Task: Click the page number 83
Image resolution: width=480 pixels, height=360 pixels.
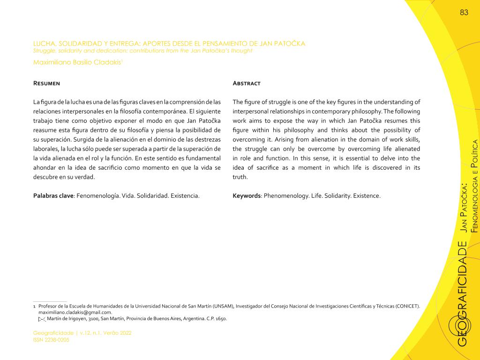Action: pos(464,13)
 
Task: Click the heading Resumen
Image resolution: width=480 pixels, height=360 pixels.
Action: pos(46,83)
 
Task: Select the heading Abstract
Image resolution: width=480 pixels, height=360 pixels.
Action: pos(247,83)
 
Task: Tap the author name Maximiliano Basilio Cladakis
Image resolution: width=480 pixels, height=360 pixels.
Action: pos(77,62)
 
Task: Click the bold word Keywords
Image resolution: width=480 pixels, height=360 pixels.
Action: pos(247,196)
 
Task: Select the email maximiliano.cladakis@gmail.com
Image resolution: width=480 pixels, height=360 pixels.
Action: pos(75,313)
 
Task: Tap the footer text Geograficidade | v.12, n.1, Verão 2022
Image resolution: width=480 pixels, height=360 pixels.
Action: pos(82,333)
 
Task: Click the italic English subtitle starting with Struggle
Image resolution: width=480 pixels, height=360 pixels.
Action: pos(142,51)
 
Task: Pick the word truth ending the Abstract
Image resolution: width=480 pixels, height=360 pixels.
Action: pos(240,177)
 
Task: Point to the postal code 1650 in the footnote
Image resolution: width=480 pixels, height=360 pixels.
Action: pos(220,319)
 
